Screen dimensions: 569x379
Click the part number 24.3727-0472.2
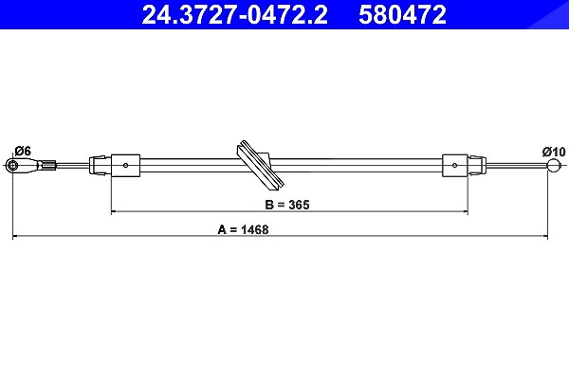point(234,15)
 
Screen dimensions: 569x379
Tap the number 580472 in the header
point(402,15)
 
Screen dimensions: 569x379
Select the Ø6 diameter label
point(23,151)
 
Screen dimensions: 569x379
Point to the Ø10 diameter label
point(554,152)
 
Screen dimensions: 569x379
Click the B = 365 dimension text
point(287,205)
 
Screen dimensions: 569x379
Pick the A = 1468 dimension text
point(243,229)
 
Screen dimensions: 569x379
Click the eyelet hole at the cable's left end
point(13,166)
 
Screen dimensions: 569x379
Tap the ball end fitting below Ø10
point(554,166)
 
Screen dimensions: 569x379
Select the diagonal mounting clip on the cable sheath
point(260,165)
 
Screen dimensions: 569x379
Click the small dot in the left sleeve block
point(125,166)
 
